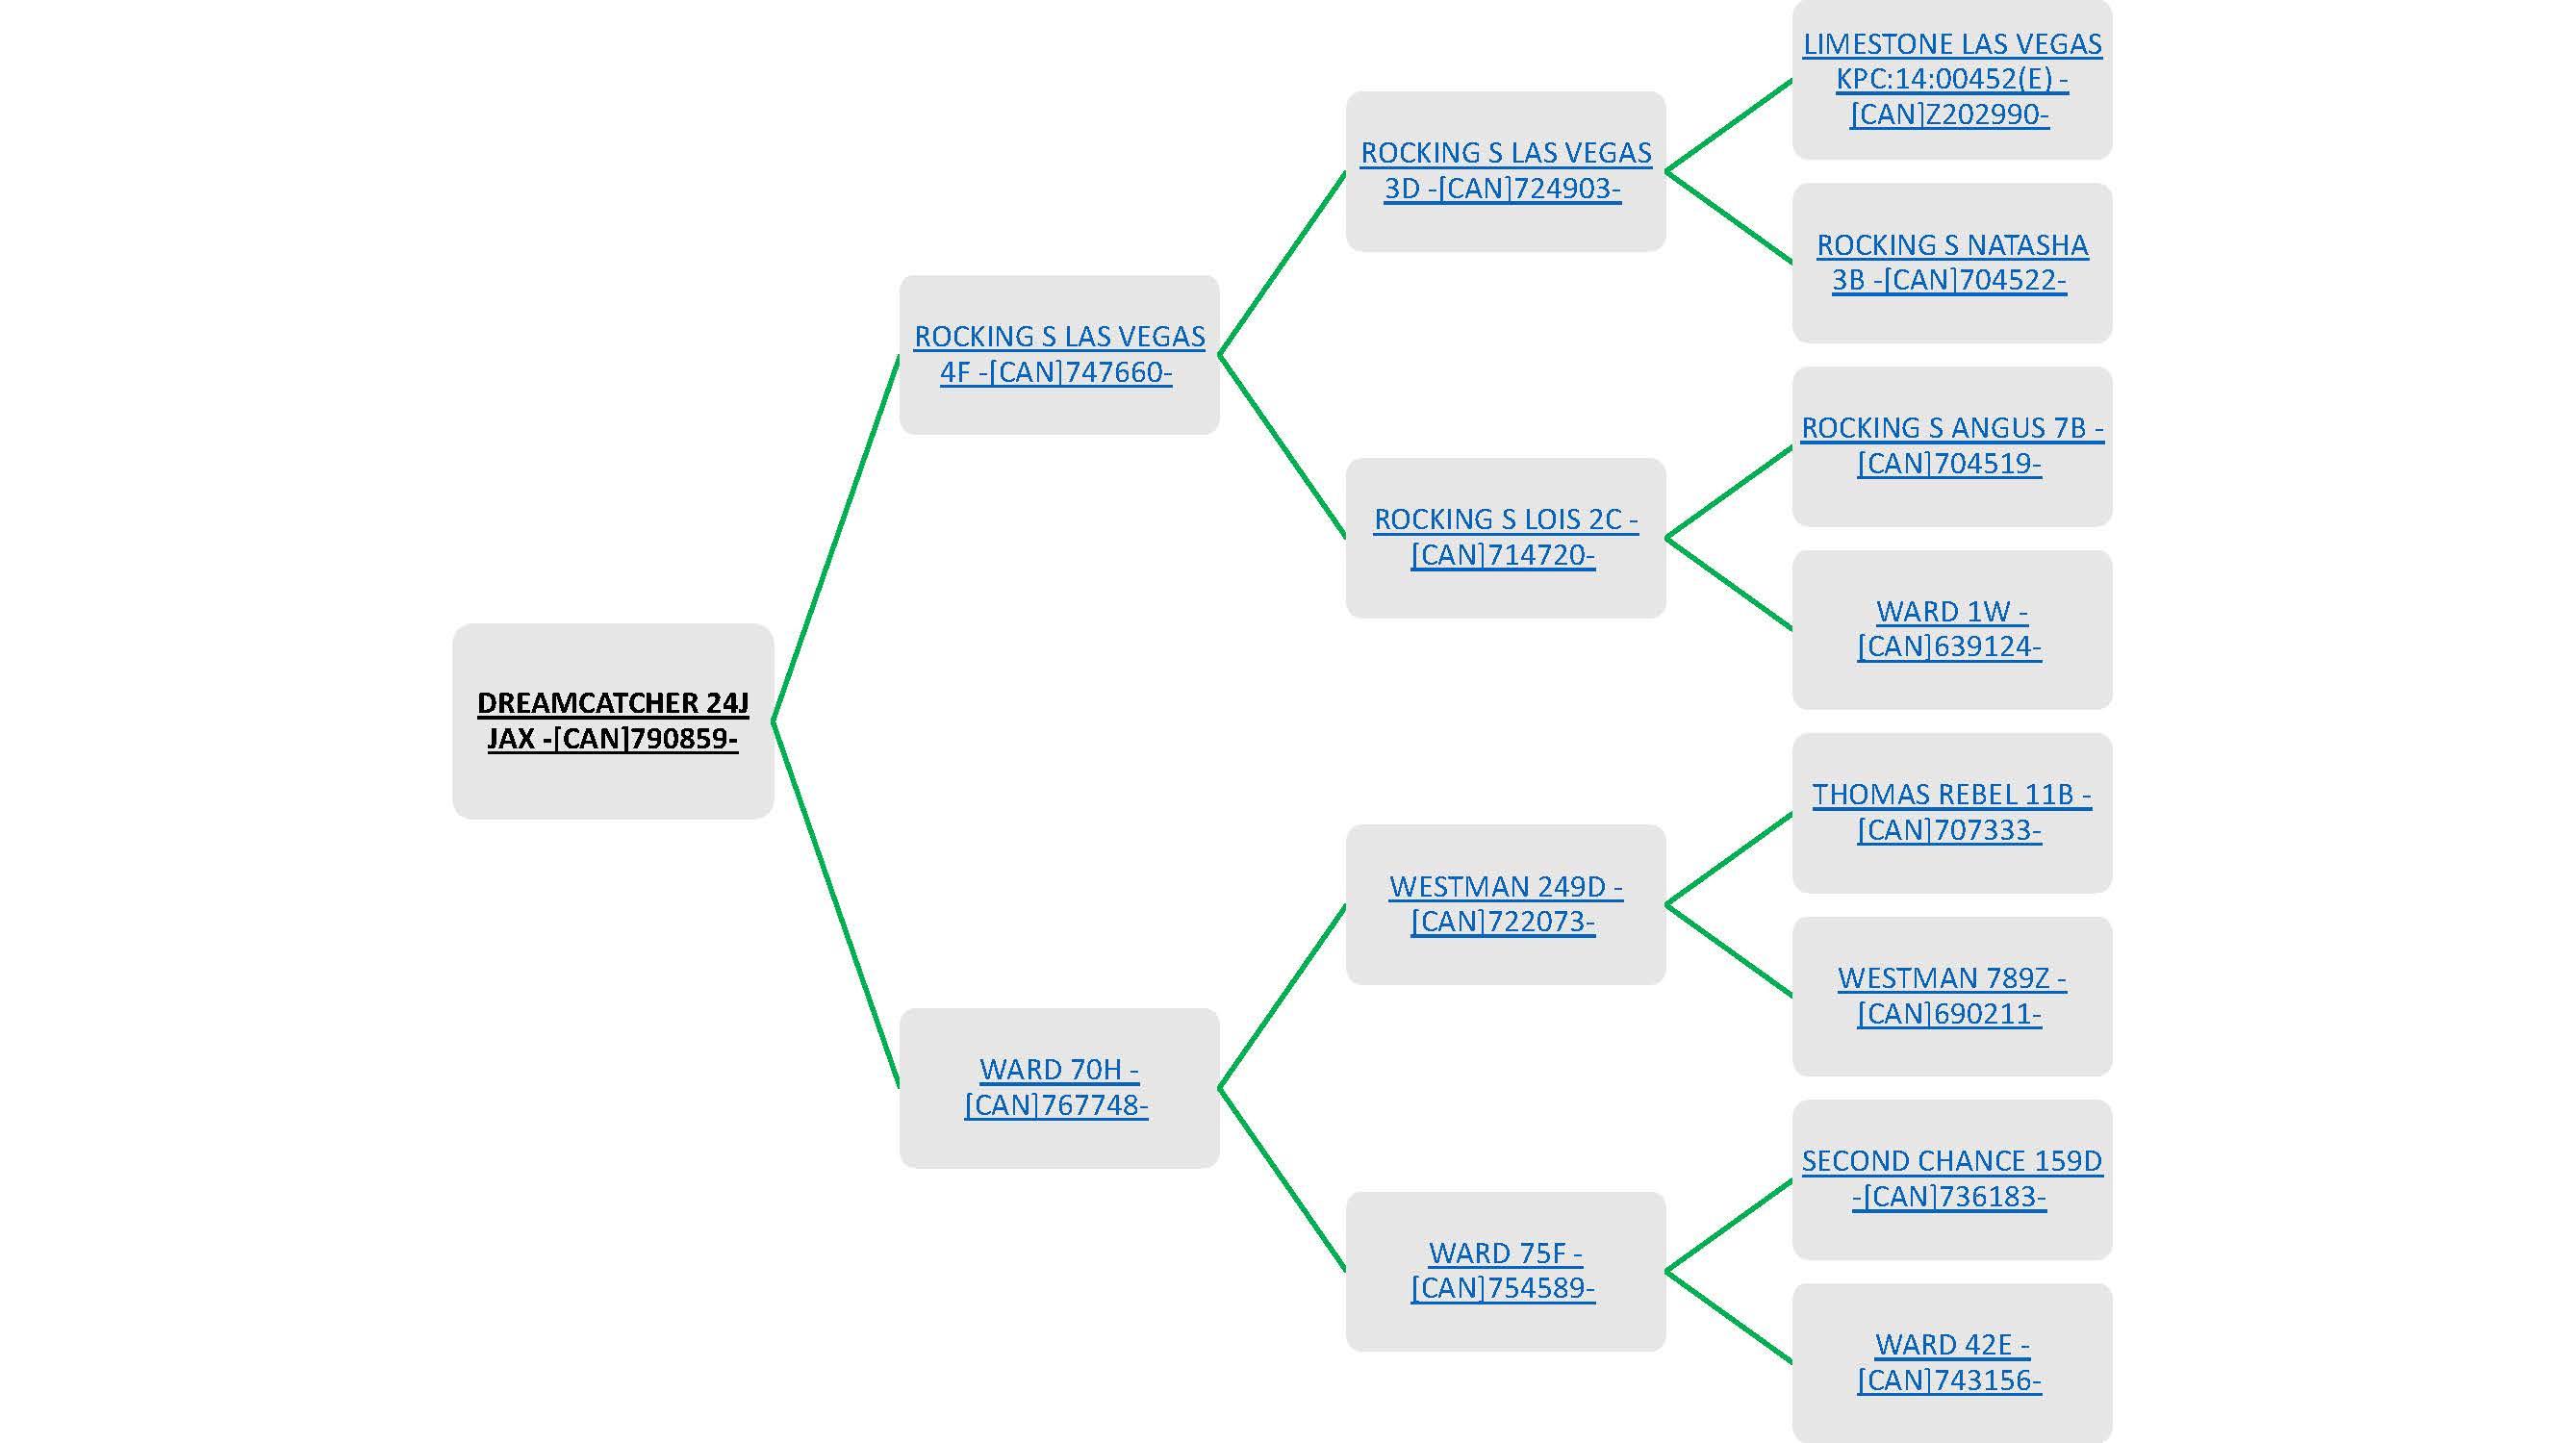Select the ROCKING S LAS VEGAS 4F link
pos(1059,353)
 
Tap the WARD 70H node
pos(1058,1086)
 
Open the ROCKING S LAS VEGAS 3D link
pos(1505,170)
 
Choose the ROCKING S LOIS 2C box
pos(1505,537)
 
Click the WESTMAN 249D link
pos(1505,903)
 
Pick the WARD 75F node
pos(1505,1270)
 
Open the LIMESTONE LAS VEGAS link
pos(1951,79)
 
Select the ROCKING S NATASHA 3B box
pos(1951,262)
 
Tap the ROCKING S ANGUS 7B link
pos(1951,445)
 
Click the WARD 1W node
pos(1951,628)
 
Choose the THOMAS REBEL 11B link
pos(1951,812)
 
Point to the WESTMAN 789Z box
pos(1951,995)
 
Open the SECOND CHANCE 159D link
pos(1951,1178)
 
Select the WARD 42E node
pos(1951,1361)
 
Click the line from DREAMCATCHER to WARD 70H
pos(837,904)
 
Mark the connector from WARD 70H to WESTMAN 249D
pos(1282,996)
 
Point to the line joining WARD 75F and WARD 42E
pos(1729,1317)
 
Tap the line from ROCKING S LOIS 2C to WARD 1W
pos(1729,584)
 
